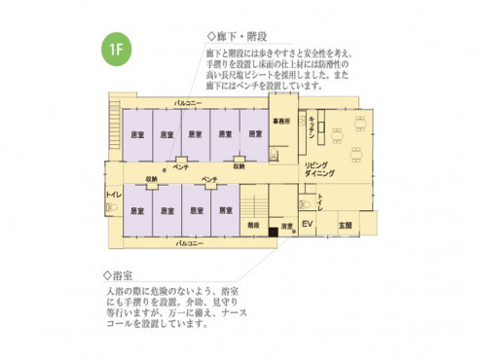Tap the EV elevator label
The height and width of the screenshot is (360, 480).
[x=306, y=226]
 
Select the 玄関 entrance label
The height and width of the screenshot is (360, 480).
[x=345, y=226]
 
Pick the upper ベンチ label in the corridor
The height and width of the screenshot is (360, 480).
[x=180, y=167]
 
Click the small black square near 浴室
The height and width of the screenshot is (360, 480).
[x=274, y=233]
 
